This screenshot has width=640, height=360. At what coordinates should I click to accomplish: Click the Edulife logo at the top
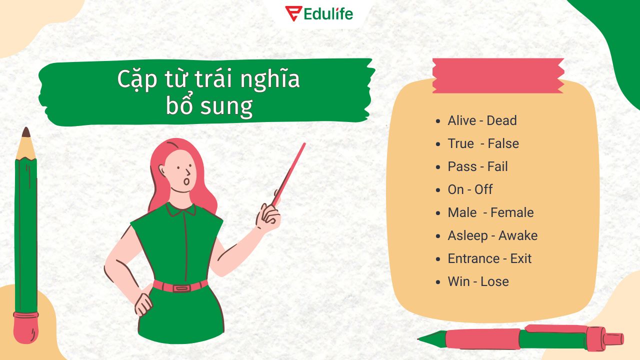point(319,13)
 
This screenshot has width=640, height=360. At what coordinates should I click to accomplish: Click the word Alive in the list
point(462,120)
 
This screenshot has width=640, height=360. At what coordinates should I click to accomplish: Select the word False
point(503,143)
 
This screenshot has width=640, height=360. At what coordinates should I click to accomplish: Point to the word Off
point(483,189)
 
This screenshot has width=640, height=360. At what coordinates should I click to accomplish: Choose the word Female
point(512,212)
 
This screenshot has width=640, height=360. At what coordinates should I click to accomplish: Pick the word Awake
point(518,235)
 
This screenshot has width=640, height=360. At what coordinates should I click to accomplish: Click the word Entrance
point(473,258)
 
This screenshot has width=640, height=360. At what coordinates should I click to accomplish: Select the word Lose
point(494,281)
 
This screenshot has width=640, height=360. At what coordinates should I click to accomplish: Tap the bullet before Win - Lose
point(438,282)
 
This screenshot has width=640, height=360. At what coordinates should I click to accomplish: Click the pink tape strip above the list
point(498,75)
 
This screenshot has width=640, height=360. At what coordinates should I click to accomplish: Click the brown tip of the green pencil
point(26,132)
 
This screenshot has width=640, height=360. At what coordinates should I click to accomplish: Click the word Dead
point(501,120)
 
